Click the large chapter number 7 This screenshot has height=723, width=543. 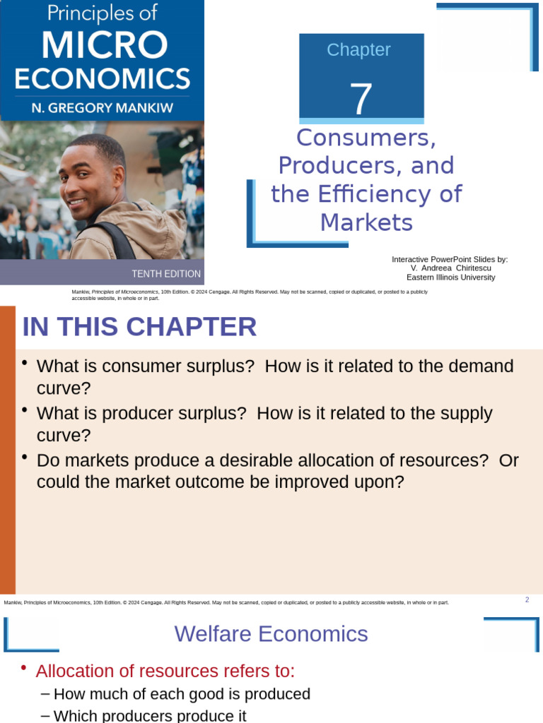361,99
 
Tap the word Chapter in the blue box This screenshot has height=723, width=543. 358,50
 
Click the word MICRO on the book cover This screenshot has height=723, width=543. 102,45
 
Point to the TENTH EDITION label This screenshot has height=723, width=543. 166,274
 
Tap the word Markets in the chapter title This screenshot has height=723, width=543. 366,223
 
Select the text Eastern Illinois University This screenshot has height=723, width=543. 450,277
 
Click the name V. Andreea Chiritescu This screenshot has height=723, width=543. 450,268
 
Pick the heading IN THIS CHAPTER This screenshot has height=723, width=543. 139,327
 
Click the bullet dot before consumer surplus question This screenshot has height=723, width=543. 25,363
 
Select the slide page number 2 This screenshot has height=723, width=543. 527,600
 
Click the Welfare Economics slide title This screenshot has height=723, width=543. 271,634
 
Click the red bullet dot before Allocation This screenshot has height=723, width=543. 25,668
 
